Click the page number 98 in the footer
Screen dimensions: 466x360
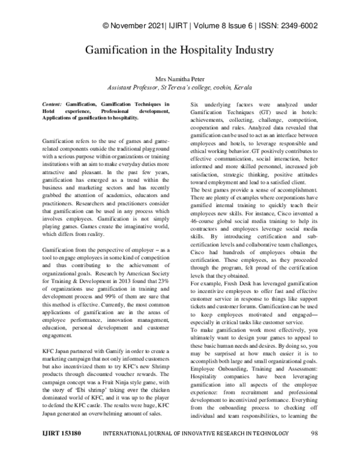(x=314, y=449)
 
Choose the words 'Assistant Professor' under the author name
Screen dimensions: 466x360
(x=131, y=88)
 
